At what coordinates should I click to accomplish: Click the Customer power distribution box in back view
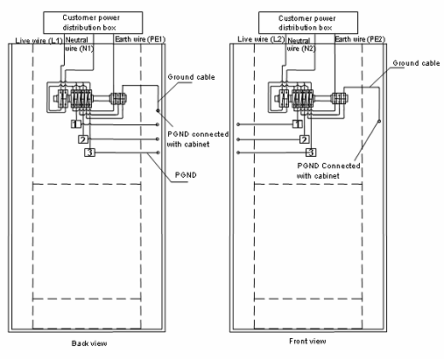point(93,23)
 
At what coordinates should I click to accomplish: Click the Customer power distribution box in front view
point(308,23)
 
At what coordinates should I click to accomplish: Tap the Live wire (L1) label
point(39,40)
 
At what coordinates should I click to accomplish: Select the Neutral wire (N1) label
point(80,45)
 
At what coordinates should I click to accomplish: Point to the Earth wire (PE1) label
point(140,39)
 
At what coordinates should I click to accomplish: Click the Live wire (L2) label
point(261,39)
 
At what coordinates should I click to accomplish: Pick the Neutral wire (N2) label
point(301,45)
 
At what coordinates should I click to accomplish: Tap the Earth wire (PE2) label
point(360,39)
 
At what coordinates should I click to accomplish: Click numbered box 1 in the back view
point(75,124)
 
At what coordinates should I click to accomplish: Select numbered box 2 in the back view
point(83,139)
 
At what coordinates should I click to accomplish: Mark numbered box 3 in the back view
point(89,152)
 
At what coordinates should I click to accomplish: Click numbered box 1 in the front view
point(298,124)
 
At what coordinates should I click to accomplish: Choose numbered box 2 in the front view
point(304,139)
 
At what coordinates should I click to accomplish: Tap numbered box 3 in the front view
point(311,152)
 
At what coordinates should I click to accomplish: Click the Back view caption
point(89,343)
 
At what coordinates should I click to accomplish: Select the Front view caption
point(307,341)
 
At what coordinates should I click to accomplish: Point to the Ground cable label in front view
point(416,63)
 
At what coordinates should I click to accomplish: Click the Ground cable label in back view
point(191,77)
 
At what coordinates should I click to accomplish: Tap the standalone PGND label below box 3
point(186,175)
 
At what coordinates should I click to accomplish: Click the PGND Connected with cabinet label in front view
point(328,171)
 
